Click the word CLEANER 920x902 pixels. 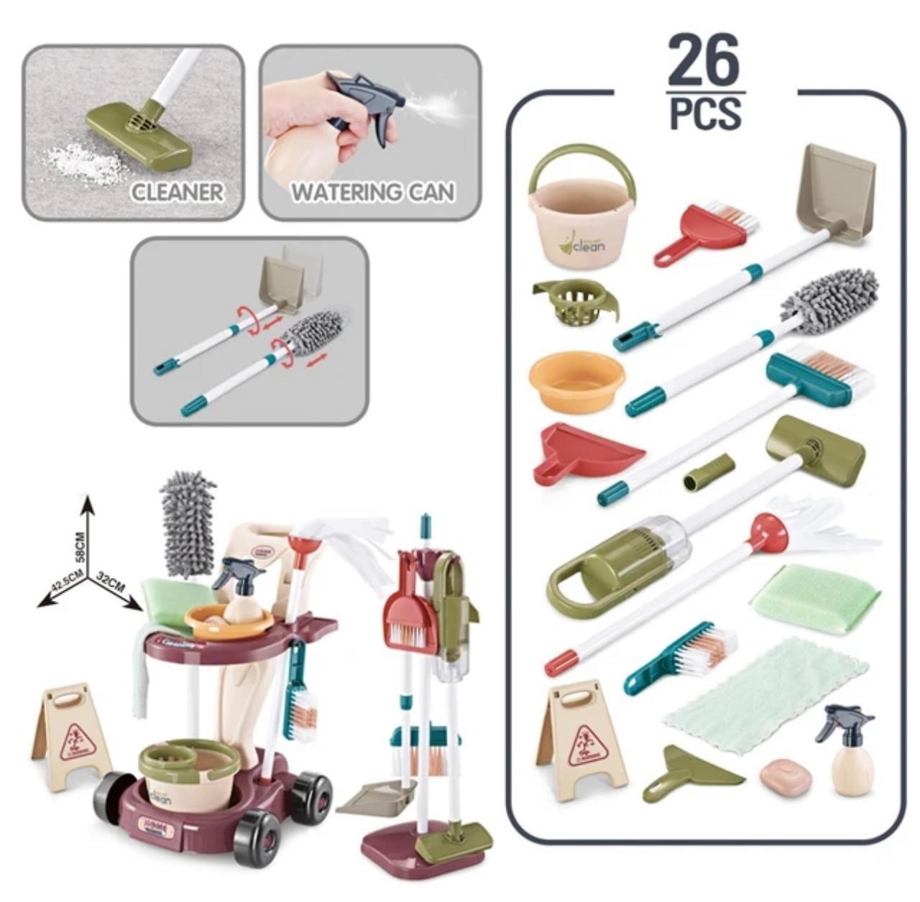(x=177, y=193)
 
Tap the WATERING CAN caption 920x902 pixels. (x=372, y=193)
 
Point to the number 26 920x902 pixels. (x=702, y=61)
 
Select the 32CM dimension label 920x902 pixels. (x=111, y=584)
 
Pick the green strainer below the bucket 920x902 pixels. (x=574, y=303)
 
